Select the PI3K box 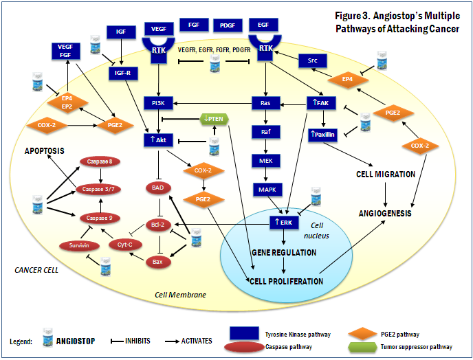point(157,104)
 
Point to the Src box point(312,62)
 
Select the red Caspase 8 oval point(100,161)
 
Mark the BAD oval point(157,187)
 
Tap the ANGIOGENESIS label point(384,213)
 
